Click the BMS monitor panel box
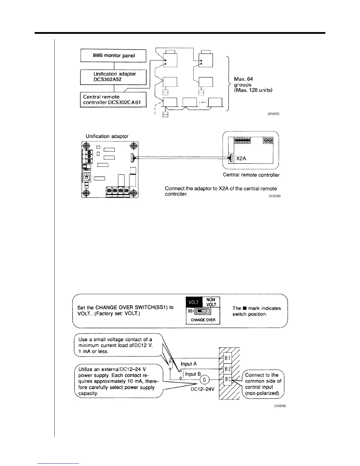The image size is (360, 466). click(114, 56)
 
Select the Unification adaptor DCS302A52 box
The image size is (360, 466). click(114, 77)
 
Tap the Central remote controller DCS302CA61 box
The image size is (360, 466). click(114, 100)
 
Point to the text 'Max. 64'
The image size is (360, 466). click(243, 79)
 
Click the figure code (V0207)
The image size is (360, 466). click(273, 114)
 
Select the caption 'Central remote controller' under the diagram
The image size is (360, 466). click(251, 175)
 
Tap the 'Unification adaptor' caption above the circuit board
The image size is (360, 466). click(107, 136)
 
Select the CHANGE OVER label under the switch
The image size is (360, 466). click(203, 320)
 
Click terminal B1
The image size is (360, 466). click(227, 358)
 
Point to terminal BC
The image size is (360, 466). click(227, 380)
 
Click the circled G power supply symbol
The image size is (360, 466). click(204, 380)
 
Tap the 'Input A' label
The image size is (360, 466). click(189, 364)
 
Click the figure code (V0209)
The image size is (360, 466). click(280, 406)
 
